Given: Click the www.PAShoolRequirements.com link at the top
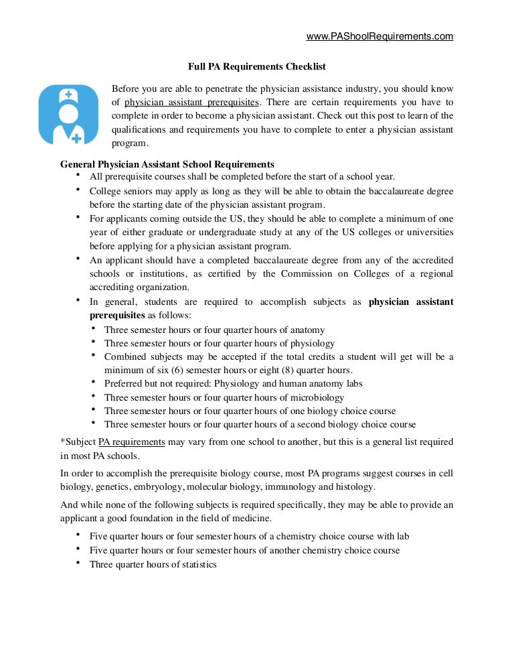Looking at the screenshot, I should (x=379, y=36).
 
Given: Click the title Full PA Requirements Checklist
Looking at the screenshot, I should (x=256, y=67).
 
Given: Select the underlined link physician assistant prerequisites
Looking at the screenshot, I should (x=191, y=103).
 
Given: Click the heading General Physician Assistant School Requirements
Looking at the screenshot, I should (x=167, y=164).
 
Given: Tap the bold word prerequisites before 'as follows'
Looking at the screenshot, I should (x=117, y=315).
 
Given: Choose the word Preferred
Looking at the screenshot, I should (x=124, y=384).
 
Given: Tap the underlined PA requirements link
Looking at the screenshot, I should (x=132, y=442).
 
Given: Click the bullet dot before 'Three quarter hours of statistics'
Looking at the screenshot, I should (x=78, y=563).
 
